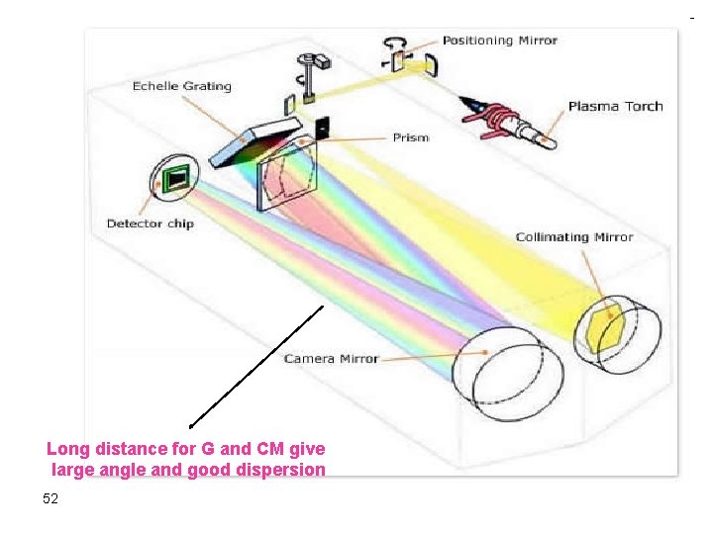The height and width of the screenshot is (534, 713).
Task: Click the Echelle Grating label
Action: tap(181, 86)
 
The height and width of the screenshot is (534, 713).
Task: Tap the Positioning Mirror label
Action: tap(499, 41)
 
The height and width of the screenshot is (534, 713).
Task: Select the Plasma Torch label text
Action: tap(615, 106)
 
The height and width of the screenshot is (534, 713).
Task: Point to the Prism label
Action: tap(410, 137)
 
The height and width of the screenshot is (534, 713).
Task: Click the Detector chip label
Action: tap(150, 223)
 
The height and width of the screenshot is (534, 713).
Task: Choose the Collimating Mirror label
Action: tap(573, 237)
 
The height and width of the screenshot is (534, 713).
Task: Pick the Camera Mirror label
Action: tap(331, 358)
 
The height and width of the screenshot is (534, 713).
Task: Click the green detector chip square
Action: tap(176, 179)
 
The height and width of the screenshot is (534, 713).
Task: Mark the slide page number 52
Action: tap(51, 498)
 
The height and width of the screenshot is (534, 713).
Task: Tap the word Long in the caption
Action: tap(66, 449)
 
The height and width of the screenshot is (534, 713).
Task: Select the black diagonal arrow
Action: tap(256, 366)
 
